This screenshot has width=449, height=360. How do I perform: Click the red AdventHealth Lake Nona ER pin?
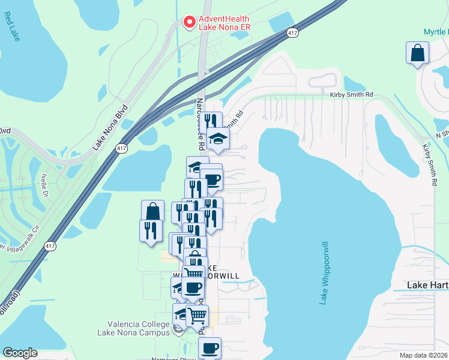click(189, 22)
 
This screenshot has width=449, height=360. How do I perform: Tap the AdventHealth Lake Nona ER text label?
click(224, 23)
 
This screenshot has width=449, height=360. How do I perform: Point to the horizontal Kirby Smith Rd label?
click(351, 95)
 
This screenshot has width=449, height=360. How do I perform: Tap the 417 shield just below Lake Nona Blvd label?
click(122, 148)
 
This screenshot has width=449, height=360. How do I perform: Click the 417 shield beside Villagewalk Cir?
click(50, 246)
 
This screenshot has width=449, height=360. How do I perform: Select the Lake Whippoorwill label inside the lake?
click(325, 273)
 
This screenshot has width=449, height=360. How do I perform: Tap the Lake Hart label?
click(427, 284)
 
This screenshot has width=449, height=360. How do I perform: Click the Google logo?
click(20, 353)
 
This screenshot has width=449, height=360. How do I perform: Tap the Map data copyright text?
click(423, 355)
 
